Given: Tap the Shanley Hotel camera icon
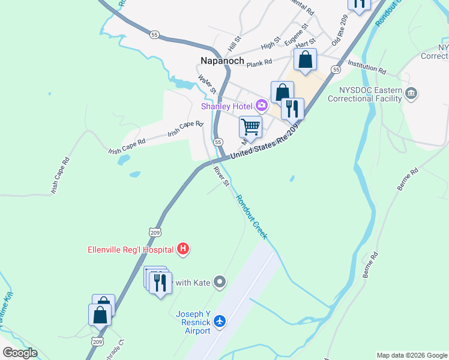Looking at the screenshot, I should coord(261,106).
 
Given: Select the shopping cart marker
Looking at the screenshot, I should coord(250,127).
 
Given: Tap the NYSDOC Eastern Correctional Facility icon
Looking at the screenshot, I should coord(411,93).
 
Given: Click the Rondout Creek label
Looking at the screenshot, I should coord(251,217).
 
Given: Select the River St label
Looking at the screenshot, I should coord(221,176).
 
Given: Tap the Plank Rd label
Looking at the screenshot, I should coord(260,61).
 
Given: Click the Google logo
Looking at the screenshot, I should coord(20,353).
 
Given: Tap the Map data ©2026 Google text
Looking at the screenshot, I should coord(412,355).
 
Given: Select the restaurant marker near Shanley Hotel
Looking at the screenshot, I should coord(292,109).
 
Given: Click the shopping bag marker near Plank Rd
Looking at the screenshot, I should coord(306,60).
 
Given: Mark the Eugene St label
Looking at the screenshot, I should coord(297,35).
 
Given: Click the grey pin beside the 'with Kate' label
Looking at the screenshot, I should coord(220,281).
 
